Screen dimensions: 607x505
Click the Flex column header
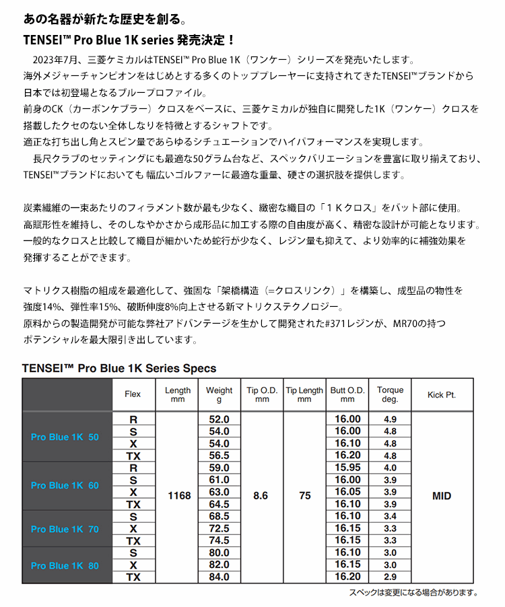point(133,395)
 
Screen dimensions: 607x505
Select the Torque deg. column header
point(390,395)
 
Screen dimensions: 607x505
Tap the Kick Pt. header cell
point(441,395)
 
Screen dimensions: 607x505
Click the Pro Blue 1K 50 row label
point(65,437)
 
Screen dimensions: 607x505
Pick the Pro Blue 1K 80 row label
point(65,565)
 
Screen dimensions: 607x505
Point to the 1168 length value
point(178,496)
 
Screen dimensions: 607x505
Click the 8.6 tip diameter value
point(261,496)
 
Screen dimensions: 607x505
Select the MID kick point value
point(441,496)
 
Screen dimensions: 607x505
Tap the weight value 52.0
point(220,419)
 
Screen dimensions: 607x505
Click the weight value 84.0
point(220,577)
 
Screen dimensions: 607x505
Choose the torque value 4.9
point(390,419)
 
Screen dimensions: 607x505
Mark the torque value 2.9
point(390,577)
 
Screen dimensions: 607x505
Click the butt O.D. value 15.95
point(347,468)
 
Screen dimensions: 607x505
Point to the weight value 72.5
point(220,528)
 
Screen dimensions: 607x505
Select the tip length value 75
point(304,496)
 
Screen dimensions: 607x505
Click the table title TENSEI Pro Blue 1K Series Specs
point(119,368)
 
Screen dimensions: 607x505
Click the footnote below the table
point(413,593)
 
